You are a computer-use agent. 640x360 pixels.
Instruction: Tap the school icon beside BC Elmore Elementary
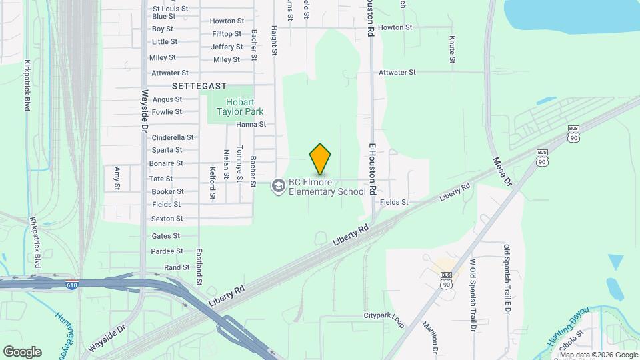278,186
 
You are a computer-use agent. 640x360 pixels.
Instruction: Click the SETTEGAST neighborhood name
199,86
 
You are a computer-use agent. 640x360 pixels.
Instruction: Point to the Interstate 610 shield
71,285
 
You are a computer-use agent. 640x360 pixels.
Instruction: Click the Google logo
22,351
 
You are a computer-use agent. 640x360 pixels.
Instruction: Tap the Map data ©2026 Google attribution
598,355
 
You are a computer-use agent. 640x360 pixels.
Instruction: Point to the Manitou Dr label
430,337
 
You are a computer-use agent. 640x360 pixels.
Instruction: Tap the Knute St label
452,49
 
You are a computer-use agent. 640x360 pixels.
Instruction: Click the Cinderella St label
173,137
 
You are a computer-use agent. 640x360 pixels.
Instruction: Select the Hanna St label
251,124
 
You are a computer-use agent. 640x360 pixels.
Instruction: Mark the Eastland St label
199,267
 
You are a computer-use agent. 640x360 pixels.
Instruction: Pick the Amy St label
117,178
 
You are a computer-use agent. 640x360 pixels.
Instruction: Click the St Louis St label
171,9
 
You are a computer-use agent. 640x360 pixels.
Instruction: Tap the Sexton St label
167,219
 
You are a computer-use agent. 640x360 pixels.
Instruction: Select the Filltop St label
227,33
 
